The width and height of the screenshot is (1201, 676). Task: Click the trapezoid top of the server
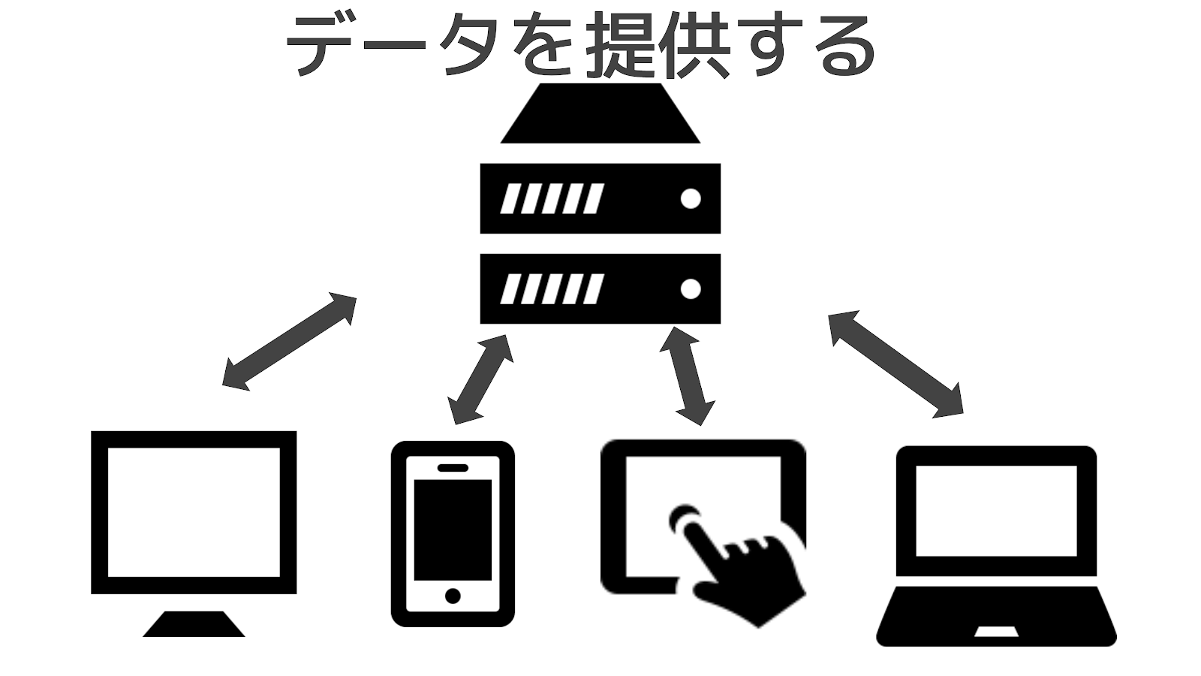point(600,114)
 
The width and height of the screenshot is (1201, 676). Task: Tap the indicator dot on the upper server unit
point(690,199)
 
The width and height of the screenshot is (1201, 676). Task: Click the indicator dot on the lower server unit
point(690,289)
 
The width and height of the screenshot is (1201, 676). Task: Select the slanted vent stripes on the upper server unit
point(552,199)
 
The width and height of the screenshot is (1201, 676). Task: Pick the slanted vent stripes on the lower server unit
point(552,289)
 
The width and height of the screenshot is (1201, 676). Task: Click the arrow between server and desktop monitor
point(290,341)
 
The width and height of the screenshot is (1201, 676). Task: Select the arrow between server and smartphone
point(480,379)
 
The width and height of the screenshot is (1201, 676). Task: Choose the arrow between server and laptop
point(895,363)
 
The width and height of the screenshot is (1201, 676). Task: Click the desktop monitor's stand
point(194,624)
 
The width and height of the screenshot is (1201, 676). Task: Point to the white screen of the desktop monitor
point(194,512)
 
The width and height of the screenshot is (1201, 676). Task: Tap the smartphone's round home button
point(453,596)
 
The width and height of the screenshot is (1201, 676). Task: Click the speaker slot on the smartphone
point(453,467)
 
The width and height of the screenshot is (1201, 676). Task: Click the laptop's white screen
point(996,511)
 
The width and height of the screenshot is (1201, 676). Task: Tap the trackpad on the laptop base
point(996,631)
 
